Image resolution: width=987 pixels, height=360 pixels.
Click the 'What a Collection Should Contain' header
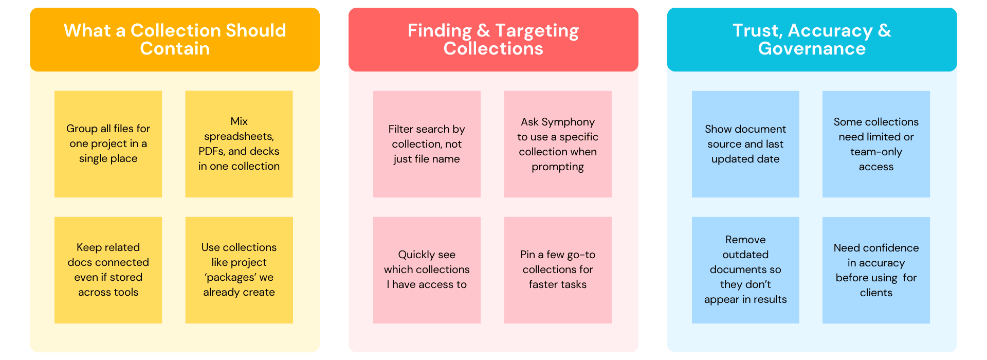tap(175, 39)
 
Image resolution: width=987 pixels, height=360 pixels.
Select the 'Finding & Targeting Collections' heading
tap(493, 39)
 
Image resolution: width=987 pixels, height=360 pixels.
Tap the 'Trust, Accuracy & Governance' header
tap(812, 39)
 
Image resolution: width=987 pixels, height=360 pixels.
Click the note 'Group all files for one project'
tap(108, 144)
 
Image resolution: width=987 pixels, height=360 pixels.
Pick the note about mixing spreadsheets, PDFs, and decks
tap(239, 144)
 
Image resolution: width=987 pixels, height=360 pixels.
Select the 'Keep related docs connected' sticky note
tap(108, 270)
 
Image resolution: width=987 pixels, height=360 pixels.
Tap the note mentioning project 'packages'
tap(239, 270)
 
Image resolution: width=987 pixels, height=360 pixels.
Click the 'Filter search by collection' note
tap(427, 144)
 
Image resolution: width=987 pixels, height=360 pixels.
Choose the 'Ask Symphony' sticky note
tap(558, 144)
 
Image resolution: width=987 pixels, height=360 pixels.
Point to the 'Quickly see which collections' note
tap(427, 270)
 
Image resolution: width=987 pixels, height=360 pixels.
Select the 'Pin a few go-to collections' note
tap(558, 270)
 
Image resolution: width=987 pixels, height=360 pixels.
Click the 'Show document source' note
tap(745, 144)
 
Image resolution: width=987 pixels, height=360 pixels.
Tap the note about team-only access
tap(876, 144)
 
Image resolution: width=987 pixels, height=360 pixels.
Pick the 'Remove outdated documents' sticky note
tap(745, 270)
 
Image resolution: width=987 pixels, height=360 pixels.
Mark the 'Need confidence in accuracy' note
tap(876, 270)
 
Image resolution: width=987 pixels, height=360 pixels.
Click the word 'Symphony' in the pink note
tap(568, 122)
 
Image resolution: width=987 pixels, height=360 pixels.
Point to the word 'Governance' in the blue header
tap(812, 49)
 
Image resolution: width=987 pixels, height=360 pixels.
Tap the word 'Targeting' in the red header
tap(537, 31)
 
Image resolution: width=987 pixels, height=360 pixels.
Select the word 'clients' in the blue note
tap(876, 293)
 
